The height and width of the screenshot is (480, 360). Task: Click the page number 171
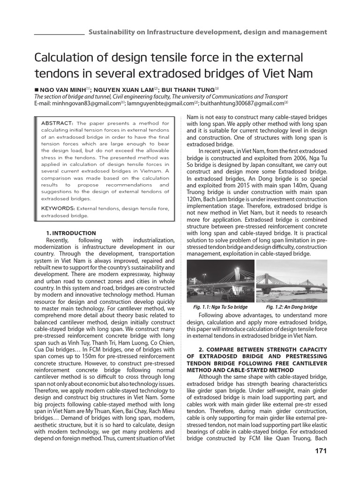coord(319,451)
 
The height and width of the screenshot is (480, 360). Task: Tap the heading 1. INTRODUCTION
coord(71,233)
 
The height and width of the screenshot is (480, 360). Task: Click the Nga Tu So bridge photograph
coord(220,280)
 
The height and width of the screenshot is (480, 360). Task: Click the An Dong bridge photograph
coord(292,280)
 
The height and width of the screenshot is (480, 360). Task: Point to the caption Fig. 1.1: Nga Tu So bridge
coord(220,307)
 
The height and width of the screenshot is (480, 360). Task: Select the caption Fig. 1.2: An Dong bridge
coord(292,307)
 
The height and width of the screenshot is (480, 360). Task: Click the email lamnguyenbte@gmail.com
coord(162,103)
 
